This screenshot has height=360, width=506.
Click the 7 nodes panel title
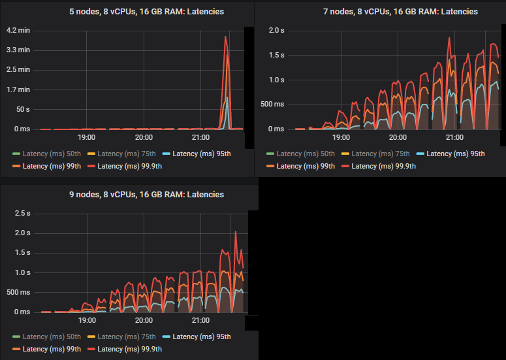(381, 12)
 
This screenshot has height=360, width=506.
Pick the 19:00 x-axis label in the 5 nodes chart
(86, 138)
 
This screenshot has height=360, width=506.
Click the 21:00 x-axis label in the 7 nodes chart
(454, 138)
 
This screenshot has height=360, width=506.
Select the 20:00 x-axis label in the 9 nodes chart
(144, 321)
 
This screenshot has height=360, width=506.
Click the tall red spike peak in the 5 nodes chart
(225, 37)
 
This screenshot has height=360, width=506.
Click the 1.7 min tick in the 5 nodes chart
(18, 90)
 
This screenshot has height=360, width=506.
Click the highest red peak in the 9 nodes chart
(236, 232)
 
